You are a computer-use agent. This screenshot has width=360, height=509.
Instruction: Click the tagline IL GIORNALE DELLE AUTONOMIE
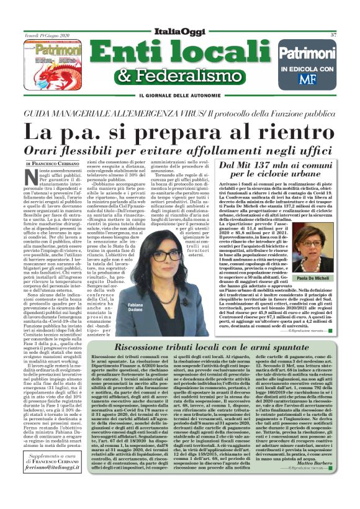click(181, 95)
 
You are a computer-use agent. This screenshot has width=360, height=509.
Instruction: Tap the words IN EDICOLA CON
click(306, 68)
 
